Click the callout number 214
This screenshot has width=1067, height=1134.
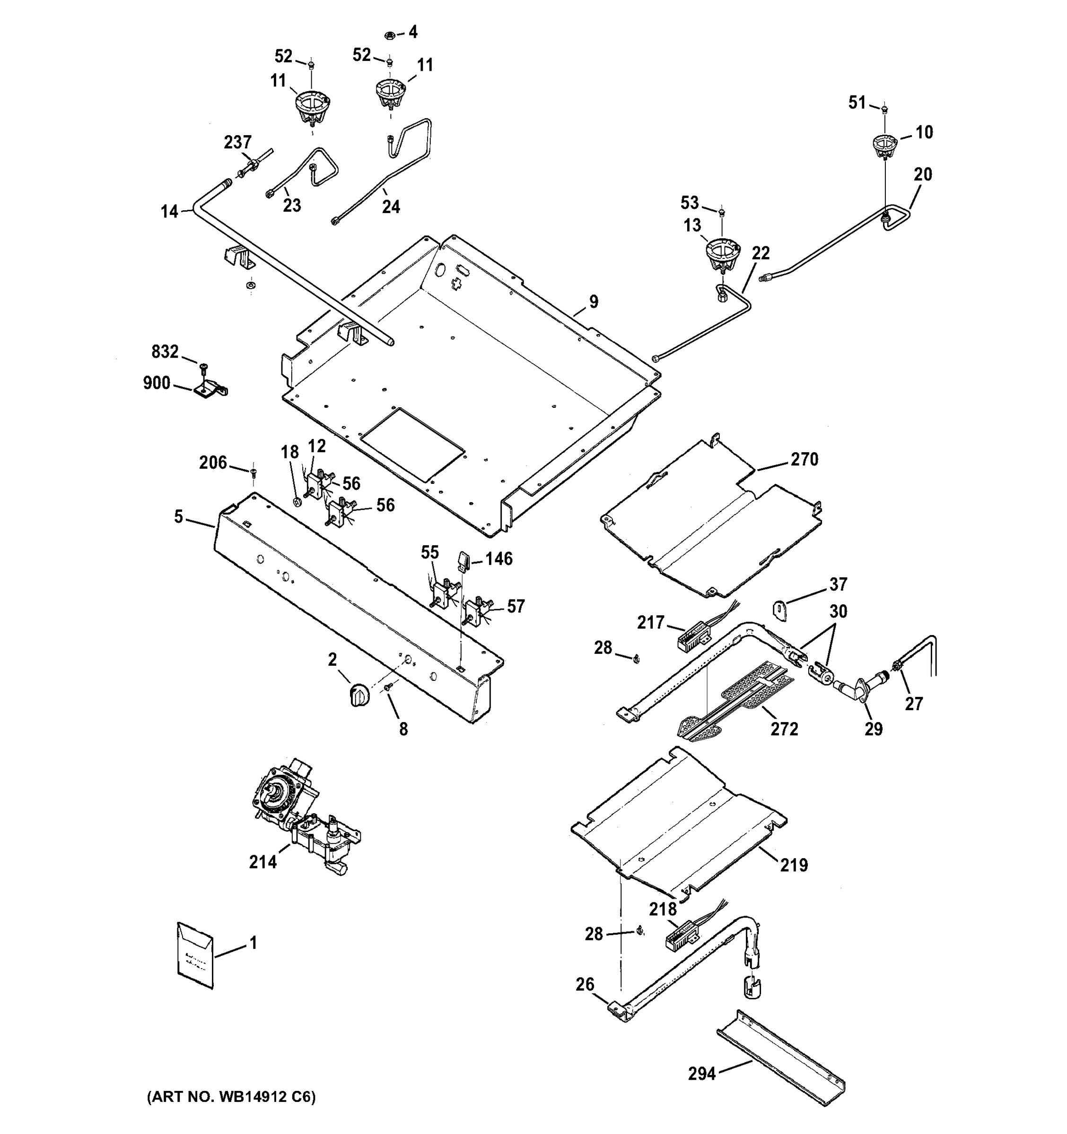[x=262, y=861]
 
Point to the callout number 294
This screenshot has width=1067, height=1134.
[x=701, y=1074]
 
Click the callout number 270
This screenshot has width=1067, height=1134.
[x=805, y=459]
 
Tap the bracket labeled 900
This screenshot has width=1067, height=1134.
[x=210, y=390]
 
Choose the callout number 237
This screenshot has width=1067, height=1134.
[x=237, y=142]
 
